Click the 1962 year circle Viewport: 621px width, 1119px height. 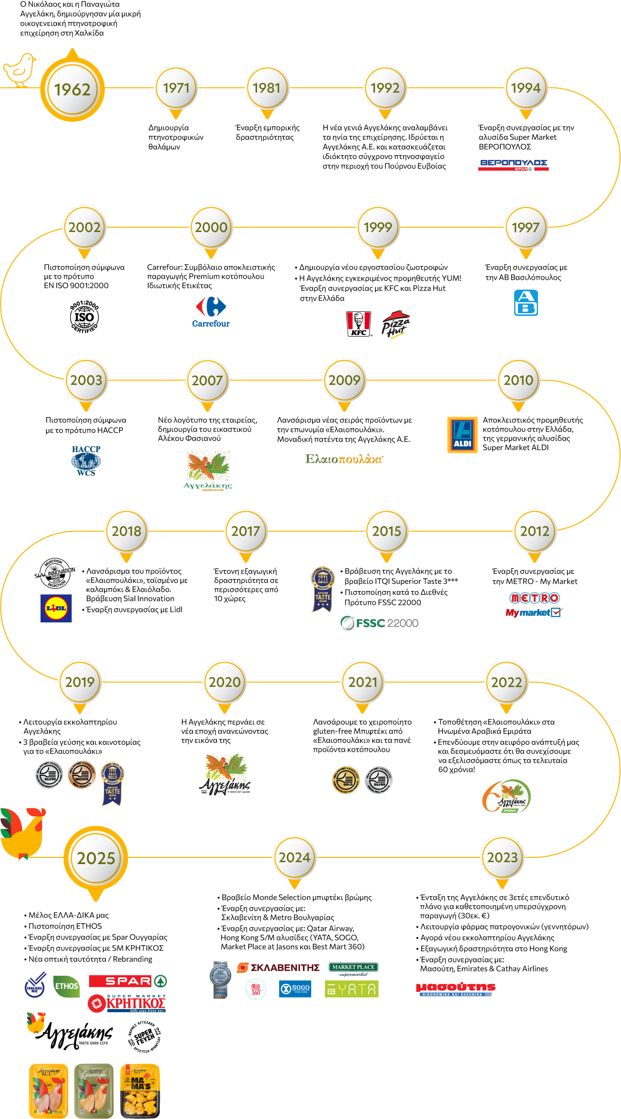(72, 89)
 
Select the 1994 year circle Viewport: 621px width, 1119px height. (526, 88)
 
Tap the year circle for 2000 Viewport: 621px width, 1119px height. (211, 227)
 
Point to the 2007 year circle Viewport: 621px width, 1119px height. (207, 380)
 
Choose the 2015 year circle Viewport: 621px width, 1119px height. (387, 531)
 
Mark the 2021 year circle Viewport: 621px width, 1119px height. (363, 682)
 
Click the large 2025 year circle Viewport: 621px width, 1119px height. (96, 858)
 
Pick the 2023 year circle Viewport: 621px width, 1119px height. (502, 857)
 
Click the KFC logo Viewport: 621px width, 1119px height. (358, 324)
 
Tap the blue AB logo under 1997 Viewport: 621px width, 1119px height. (531, 305)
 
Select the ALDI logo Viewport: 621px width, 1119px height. (463, 435)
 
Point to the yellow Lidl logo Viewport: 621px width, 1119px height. (56, 608)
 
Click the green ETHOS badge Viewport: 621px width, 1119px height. (66, 986)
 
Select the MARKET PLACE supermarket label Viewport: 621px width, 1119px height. (353, 967)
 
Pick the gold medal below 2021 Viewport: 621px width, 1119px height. (348, 780)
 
